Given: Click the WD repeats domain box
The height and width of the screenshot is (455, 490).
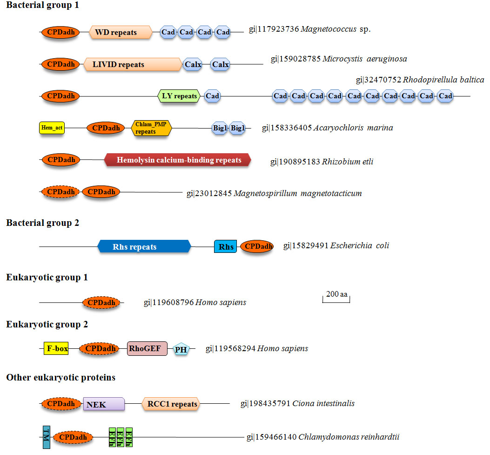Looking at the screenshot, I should coord(121,33).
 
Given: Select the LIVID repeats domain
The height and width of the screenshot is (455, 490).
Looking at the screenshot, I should coord(133,64).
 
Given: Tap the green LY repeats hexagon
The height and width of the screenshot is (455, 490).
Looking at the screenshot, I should coord(179,96).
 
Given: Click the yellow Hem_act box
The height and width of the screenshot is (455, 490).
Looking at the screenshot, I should coord(52,128).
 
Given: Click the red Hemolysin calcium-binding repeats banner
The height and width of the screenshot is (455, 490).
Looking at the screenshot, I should coord(178,160).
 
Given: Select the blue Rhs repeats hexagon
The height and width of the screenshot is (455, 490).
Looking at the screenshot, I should coord(144,247).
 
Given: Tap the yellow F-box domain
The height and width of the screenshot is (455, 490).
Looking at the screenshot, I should coord(56,348).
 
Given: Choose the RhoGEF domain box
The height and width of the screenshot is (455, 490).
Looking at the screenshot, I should coord(147,348).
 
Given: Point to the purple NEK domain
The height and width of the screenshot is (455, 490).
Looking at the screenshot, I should coord(104,404).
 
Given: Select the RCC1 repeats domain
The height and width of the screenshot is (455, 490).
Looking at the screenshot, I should coord(170,404).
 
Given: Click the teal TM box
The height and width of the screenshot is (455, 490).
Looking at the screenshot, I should coord(46,437).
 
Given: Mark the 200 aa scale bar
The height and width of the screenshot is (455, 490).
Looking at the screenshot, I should coord(336,298).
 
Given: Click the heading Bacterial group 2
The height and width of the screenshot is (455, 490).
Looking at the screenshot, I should coord(43,223).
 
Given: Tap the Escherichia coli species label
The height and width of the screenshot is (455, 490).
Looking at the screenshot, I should coord(359,245).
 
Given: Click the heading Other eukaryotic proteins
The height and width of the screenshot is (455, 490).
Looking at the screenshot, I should coord(61,377).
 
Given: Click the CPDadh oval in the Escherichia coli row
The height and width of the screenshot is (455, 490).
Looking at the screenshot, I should coord(257,247).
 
